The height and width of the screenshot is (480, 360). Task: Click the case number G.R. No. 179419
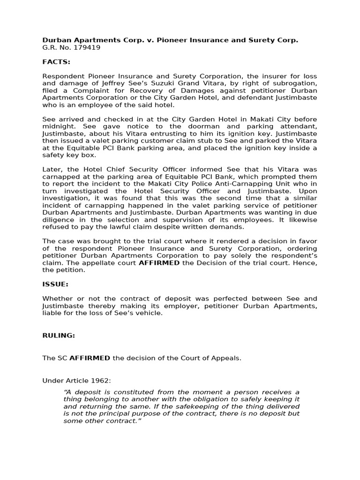point(71,47)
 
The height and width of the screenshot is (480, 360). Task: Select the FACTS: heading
point(56,61)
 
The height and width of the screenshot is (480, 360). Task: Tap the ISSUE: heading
point(55,284)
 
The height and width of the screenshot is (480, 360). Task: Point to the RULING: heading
point(59,336)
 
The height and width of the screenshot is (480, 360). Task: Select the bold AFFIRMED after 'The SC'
point(90,358)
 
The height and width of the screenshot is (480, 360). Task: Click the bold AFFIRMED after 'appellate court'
point(159,262)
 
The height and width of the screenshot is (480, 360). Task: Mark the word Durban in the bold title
point(57,40)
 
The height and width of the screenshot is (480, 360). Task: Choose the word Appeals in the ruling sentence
point(226,358)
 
